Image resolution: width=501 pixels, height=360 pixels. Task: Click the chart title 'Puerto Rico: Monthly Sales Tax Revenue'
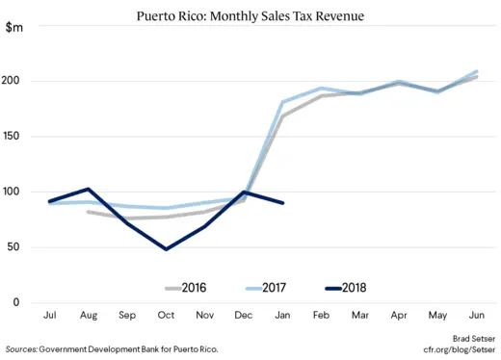250,15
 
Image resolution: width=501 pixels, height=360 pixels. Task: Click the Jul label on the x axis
49,316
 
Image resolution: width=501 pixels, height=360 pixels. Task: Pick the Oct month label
167,316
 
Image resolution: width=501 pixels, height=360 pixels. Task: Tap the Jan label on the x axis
283,316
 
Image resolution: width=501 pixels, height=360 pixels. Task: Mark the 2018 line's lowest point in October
167,249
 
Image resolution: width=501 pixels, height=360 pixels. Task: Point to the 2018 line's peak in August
89,189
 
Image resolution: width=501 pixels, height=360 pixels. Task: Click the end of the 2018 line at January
283,203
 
